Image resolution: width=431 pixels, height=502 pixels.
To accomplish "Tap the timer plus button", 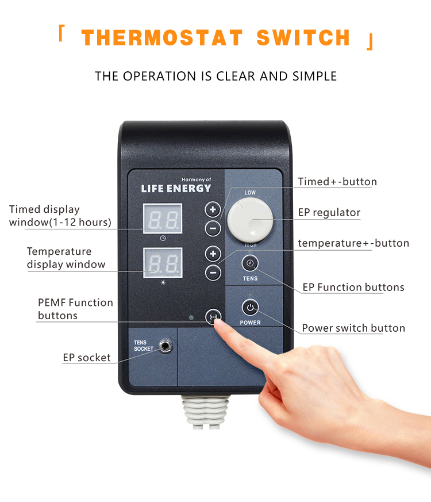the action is (213, 210).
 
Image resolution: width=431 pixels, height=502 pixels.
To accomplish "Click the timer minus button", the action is (213, 229).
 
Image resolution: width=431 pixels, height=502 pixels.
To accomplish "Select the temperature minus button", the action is (213, 273).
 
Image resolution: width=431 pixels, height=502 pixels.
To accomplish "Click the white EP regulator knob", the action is (250, 220).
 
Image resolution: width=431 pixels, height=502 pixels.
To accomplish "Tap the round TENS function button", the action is (250, 263).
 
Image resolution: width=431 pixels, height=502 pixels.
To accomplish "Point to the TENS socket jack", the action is (165, 346).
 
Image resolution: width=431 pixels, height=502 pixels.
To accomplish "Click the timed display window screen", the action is (163, 219).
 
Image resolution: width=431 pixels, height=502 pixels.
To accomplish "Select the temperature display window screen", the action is (163, 263).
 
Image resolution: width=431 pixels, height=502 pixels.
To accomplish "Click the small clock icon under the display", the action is (163, 238).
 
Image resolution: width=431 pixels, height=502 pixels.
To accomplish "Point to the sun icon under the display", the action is (163, 282).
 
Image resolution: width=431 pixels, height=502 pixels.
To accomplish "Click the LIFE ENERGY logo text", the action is (176, 189).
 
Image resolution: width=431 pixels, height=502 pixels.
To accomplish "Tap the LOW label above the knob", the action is (250, 193).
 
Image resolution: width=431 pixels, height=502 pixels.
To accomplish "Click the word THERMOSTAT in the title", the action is (162, 38).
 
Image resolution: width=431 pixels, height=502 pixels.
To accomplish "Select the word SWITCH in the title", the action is (303, 38).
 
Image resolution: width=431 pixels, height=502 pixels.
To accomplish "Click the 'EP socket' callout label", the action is (87, 358).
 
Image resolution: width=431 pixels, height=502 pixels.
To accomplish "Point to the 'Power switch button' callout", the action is (353, 328).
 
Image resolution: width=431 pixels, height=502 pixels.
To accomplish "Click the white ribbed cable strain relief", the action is (206, 412).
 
